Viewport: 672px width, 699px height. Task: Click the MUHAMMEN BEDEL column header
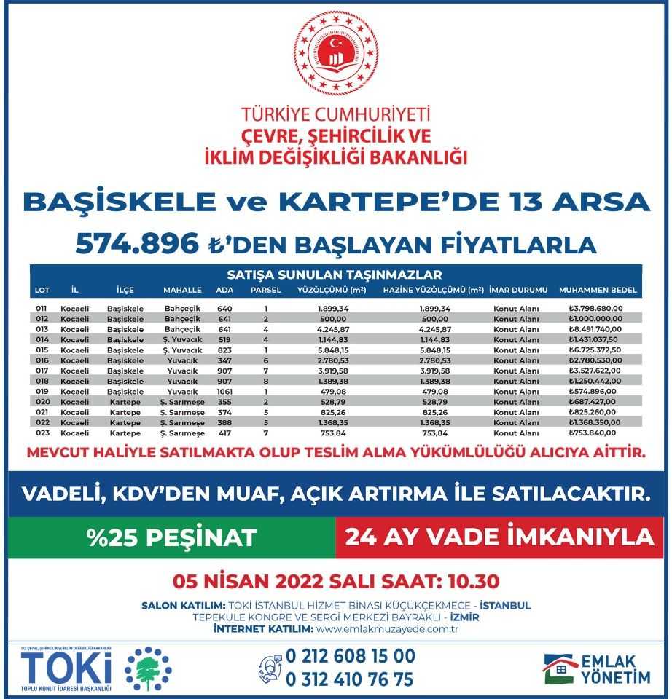point(598,290)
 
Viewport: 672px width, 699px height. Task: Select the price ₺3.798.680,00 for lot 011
point(596,309)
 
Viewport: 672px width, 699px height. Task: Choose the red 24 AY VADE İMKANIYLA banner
point(499,537)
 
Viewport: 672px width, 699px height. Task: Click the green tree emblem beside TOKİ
point(148,668)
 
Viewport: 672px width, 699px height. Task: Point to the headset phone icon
point(270,668)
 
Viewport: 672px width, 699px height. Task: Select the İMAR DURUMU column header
point(518,290)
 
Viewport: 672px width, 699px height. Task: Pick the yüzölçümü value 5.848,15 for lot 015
point(332,349)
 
